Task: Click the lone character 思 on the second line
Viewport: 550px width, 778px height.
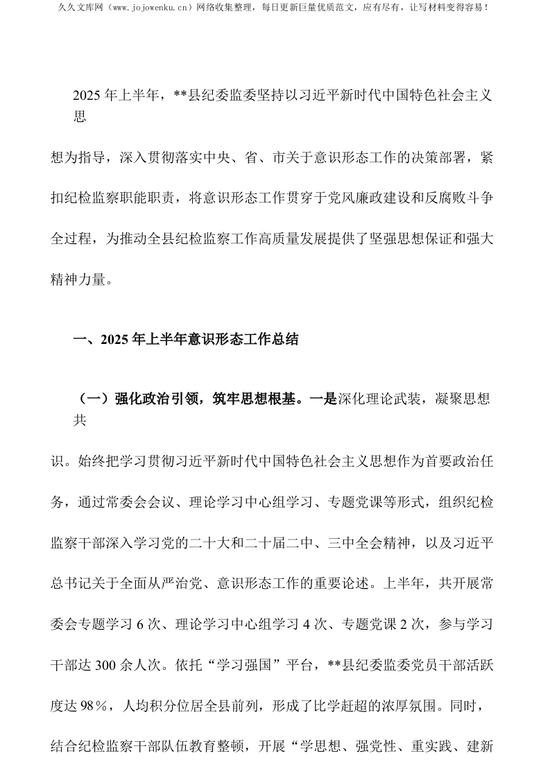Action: coord(80,117)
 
